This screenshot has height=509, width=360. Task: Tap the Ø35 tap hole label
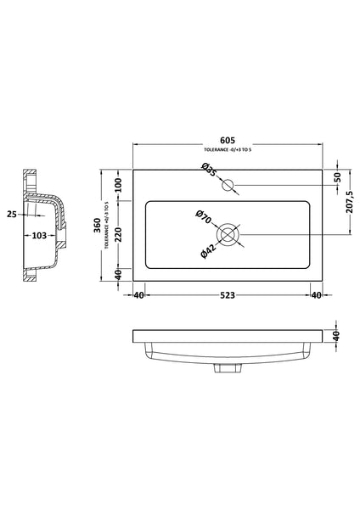tap(210, 171)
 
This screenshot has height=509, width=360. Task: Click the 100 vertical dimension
tap(118, 183)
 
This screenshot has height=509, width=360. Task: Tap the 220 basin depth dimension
tap(118, 233)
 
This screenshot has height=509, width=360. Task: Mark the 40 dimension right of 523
tap(315, 295)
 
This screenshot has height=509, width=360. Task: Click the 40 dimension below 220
tap(118, 273)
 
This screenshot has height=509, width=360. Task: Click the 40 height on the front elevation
tap(337, 338)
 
